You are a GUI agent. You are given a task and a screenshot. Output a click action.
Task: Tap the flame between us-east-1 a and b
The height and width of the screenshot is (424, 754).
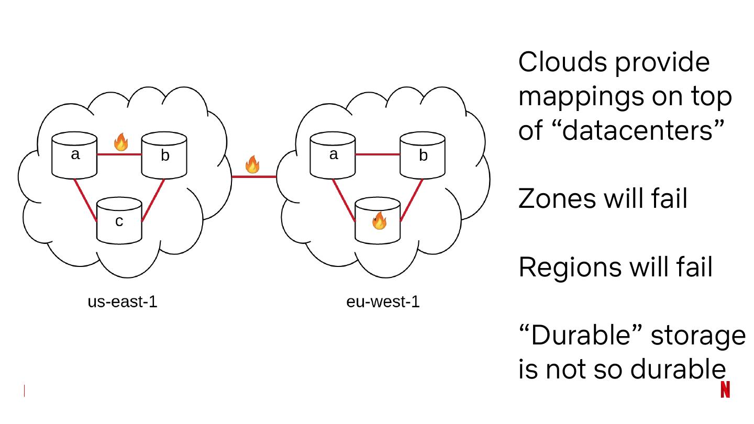point(121,142)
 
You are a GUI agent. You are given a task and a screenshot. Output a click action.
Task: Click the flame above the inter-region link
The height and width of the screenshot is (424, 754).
point(252,164)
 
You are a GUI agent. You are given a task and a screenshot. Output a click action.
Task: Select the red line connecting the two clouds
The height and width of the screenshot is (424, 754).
point(254,177)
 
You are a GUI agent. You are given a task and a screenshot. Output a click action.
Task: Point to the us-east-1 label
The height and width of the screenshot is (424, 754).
point(123,302)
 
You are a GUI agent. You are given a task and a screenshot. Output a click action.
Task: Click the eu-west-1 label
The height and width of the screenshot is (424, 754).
point(383,302)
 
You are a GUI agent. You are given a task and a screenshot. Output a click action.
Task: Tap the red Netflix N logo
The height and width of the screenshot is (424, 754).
point(725,389)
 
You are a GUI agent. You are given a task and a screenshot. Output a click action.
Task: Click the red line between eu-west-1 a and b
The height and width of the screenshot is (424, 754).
point(378,154)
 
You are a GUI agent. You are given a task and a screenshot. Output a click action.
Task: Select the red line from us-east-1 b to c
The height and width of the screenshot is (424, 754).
point(153,201)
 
